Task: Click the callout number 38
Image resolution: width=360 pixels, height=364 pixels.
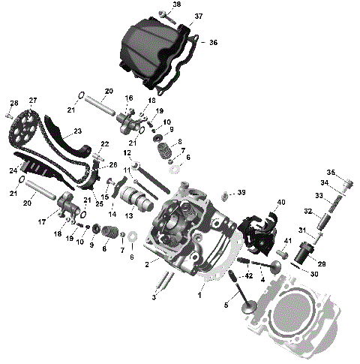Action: click(176, 5)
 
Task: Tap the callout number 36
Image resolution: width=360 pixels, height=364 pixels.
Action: click(213, 43)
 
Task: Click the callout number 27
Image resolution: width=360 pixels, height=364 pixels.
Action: click(33, 101)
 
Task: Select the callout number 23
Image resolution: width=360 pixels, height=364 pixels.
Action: click(78, 131)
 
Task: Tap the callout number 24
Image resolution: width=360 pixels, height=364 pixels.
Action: click(13, 171)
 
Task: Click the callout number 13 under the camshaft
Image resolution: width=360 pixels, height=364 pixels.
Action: click(129, 215)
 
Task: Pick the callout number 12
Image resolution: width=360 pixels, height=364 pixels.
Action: click(127, 153)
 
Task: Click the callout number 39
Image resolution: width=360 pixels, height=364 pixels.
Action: click(241, 193)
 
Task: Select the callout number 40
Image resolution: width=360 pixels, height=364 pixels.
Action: click(281, 203)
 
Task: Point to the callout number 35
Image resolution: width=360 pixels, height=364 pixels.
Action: click(331, 173)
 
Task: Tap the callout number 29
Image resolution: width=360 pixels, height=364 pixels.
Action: click(322, 265)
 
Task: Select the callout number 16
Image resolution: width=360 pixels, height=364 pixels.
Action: click(129, 98)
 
